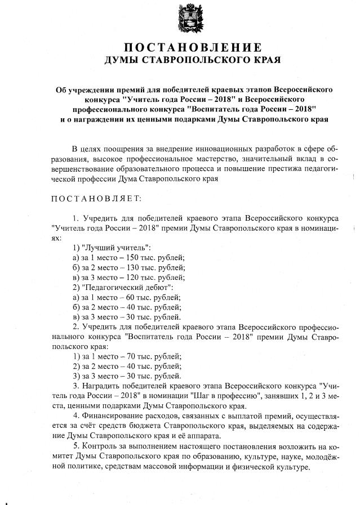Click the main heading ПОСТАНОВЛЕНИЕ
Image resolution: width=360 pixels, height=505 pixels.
tap(193, 47)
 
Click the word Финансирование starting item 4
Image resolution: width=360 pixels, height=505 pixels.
tap(112, 415)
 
